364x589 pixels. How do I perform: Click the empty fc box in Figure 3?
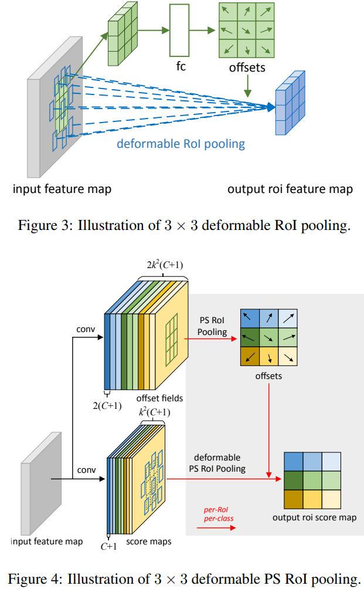[181, 29]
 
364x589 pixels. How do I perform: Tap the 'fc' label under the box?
[181, 66]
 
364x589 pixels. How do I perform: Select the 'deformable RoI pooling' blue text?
[181, 144]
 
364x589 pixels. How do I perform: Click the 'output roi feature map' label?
[290, 189]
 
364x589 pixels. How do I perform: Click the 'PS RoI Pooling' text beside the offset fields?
[212, 327]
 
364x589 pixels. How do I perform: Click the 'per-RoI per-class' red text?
[214, 514]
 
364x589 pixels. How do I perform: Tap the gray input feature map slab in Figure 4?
[39, 493]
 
